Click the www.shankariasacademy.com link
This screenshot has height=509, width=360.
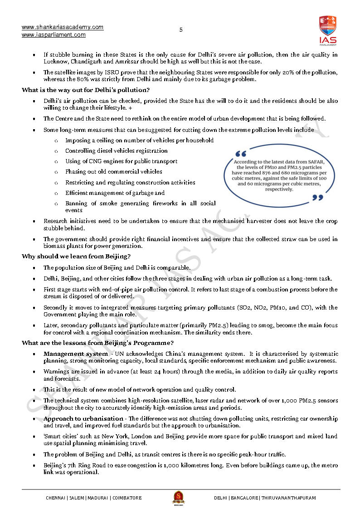63,27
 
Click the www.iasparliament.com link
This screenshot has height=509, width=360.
54,35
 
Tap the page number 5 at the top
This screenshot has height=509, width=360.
181,30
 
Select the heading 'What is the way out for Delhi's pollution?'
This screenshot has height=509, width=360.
86,90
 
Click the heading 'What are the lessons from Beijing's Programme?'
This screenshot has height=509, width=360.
97,343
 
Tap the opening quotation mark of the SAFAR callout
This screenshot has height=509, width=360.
241,154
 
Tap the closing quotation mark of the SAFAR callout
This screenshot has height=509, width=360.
318,197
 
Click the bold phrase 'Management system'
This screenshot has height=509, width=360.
76,354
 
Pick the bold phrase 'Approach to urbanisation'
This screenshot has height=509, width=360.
83,418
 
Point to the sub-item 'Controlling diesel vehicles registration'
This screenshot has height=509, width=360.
116,151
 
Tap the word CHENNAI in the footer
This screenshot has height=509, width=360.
56,498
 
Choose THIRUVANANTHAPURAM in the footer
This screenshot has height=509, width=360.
289,498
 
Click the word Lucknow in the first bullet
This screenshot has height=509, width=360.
55,62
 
